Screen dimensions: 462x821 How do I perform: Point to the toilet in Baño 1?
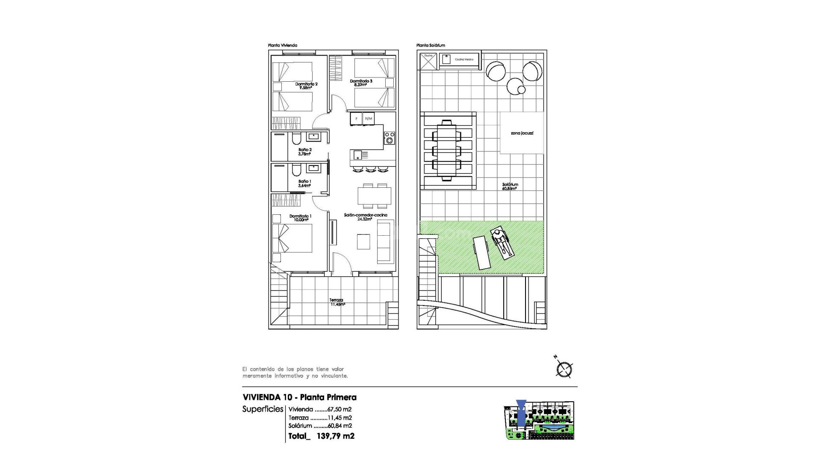click(x=296, y=171)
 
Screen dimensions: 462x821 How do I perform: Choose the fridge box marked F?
click(x=356, y=118)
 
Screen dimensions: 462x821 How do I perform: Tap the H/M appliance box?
click(x=368, y=118)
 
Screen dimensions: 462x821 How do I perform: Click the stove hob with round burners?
click(x=389, y=138)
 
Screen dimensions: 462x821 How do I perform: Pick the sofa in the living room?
click(x=385, y=242)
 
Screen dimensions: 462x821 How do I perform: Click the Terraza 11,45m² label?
click(x=337, y=302)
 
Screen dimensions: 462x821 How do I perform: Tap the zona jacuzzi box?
click(x=522, y=133)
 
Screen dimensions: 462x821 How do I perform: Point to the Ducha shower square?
click(x=428, y=61)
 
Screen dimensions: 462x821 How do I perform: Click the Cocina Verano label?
click(x=464, y=59)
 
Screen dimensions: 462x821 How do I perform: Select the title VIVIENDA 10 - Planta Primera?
click(x=299, y=397)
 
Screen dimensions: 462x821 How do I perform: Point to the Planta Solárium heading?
click(x=431, y=45)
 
